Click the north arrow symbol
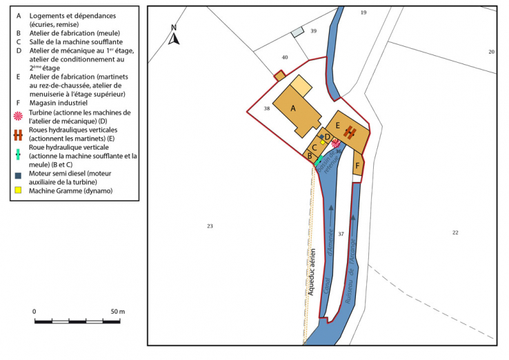pos(174,35)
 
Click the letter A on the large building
pos(292,108)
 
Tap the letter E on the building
pos(338,126)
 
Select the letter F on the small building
pos(357,166)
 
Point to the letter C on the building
pos(314,146)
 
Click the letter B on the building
pos(310,156)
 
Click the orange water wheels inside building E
pos(350,132)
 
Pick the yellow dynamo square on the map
pos(323,143)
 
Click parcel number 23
pos(210,226)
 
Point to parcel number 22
pos(455,232)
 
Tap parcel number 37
pos(341,234)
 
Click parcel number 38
pos(266,109)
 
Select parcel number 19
pos(363,13)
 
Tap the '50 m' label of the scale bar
pos(117,312)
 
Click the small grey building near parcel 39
pos(297,32)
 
